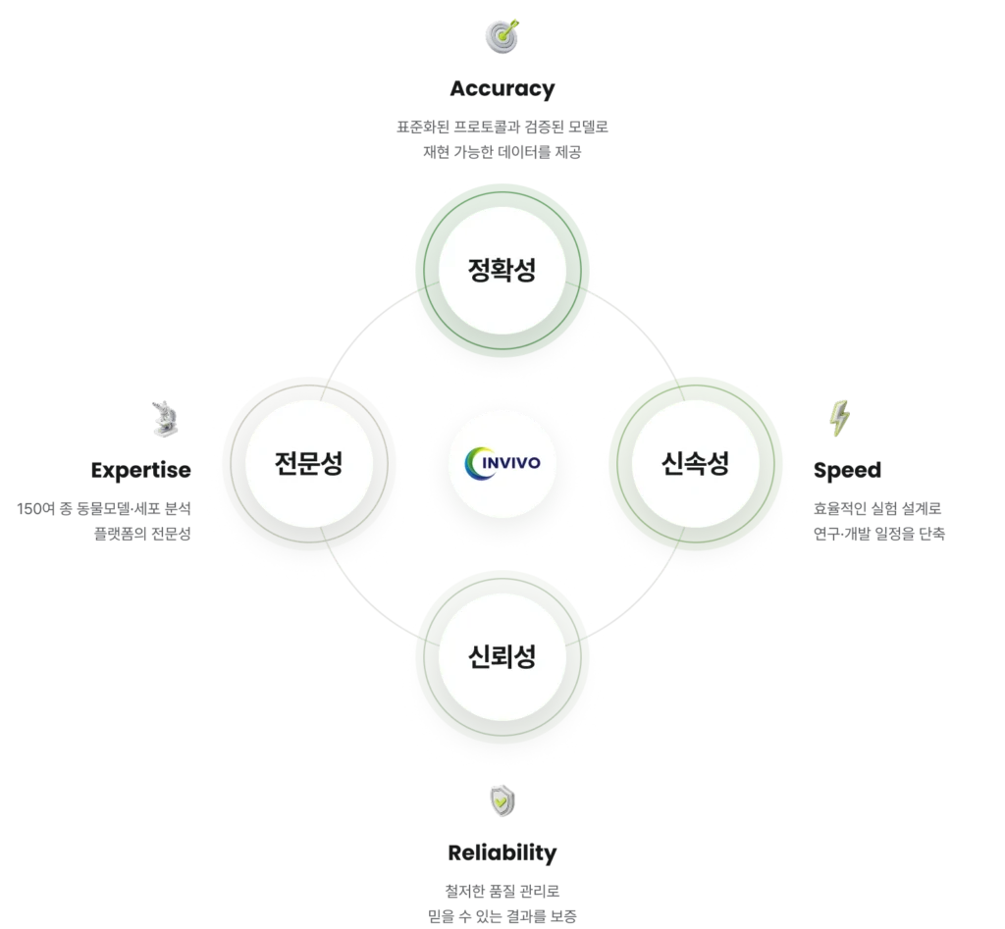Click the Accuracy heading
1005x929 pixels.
pyautogui.click(x=502, y=89)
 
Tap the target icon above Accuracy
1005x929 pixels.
pyautogui.click(x=502, y=36)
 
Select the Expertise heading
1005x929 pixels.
pyautogui.click(x=141, y=470)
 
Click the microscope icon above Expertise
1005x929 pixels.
pyautogui.click(x=165, y=419)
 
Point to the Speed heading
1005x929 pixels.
pyautogui.click(x=847, y=470)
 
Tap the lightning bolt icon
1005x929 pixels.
pyautogui.click(x=840, y=418)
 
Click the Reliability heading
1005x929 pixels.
pyautogui.click(x=502, y=852)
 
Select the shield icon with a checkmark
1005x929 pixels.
pyautogui.click(x=502, y=800)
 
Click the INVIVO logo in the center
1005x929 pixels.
pyautogui.click(x=502, y=463)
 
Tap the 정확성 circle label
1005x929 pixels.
pyautogui.click(x=502, y=270)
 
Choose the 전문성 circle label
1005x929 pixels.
pyautogui.click(x=309, y=463)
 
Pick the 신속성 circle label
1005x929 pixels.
pyautogui.click(x=696, y=463)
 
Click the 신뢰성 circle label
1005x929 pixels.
pyautogui.click(x=502, y=656)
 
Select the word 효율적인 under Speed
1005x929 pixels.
pyautogui.click(x=840, y=509)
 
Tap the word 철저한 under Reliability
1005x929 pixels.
pyautogui.click(x=464, y=891)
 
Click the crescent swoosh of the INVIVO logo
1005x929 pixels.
pyautogui.click(x=472, y=463)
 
